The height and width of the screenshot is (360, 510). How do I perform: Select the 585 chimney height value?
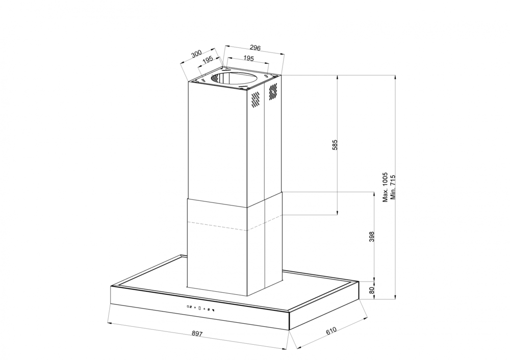point(334,145)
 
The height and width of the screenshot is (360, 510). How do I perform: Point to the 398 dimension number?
point(371,238)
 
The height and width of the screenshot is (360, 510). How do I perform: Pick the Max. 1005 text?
point(386,188)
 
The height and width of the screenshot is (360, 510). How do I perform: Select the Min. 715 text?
point(393,188)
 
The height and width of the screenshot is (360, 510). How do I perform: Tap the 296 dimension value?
point(256,48)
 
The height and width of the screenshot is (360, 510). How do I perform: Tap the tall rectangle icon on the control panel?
point(200,307)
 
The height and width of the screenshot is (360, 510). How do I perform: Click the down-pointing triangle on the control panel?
point(195,307)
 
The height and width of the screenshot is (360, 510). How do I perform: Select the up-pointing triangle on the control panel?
point(205,308)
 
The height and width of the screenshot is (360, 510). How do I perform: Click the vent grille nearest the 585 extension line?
point(273,91)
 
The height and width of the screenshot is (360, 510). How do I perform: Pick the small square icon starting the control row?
point(188,306)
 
